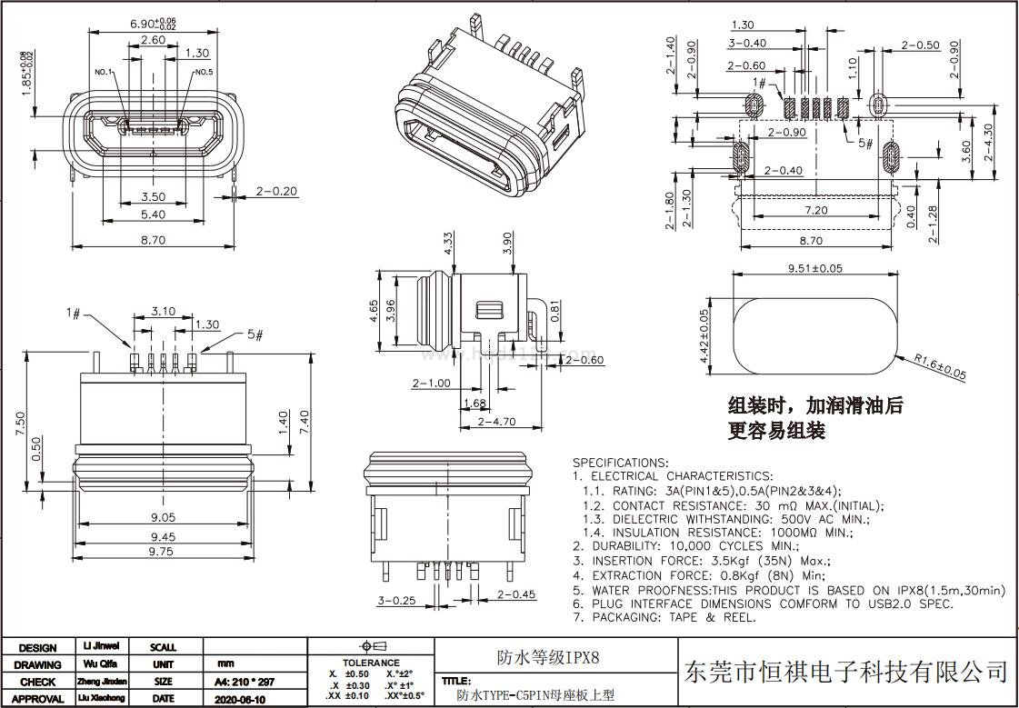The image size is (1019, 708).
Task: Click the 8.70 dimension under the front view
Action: click(154, 241)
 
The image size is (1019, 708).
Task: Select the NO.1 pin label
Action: click(103, 72)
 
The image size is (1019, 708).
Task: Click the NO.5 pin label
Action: click(203, 72)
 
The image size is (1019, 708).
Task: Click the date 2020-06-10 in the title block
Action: click(240, 699)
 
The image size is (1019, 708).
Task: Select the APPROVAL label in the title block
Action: click(37, 699)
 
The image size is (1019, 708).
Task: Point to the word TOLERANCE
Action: click(371, 663)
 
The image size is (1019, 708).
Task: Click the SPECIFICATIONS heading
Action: click(620, 463)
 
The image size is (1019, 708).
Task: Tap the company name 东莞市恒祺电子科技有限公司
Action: click(845, 673)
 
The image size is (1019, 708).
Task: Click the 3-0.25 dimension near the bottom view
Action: click(395, 601)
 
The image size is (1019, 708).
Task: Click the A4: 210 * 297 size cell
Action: click(244, 682)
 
